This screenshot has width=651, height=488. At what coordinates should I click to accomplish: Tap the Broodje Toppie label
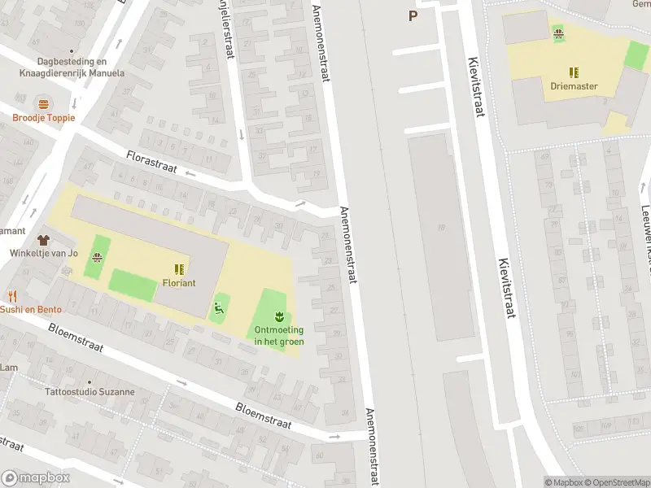pyautogui.click(x=43, y=118)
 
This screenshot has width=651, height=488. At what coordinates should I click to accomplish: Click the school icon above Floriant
pyautogui.click(x=177, y=268)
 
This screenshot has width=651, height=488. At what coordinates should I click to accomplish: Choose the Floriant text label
pyautogui.click(x=177, y=283)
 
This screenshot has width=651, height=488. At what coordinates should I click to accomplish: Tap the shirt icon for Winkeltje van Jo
pyautogui.click(x=43, y=241)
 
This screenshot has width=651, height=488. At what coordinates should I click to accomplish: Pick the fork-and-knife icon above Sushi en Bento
pyautogui.click(x=12, y=296)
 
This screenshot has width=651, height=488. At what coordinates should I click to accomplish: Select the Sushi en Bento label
pyautogui.click(x=30, y=309)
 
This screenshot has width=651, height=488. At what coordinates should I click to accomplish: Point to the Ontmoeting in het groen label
pyautogui.click(x=279, y=335)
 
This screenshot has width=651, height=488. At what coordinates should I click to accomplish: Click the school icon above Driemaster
pyautogui.click(x=575, y=72)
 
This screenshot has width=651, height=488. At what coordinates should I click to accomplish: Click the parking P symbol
pyautogui.click(x=413, y=15)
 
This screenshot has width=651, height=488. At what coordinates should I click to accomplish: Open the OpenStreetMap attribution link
pyautogui.click(x=618, y=482)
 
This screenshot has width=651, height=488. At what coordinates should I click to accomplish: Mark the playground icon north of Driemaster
pyautogui.click(x=558, y=32)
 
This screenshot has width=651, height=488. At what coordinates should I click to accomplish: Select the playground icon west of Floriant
pyautogui.click(x=98, y=259)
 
